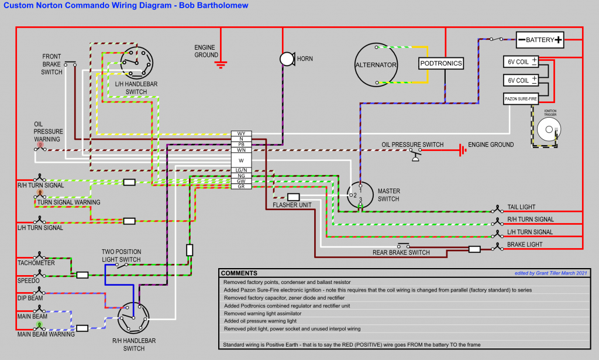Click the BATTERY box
(x=540, y=40)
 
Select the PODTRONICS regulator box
(x=441, y=63)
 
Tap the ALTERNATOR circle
(x=376, y=65)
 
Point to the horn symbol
(x=286, y=59)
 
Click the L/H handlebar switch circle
(x=137, y=61)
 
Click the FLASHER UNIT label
(x=292, y=205)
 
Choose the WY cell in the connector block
(x=241, y=133)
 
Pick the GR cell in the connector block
(x=241, y=186)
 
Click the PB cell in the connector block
(x=241, y=144)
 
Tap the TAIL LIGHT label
(x=521, y=207)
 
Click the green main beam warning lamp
(x=39, y=324)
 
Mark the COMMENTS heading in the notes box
(x=239, y=273)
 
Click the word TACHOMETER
(x=36, y=263)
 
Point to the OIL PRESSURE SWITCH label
(x=412, y=145)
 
